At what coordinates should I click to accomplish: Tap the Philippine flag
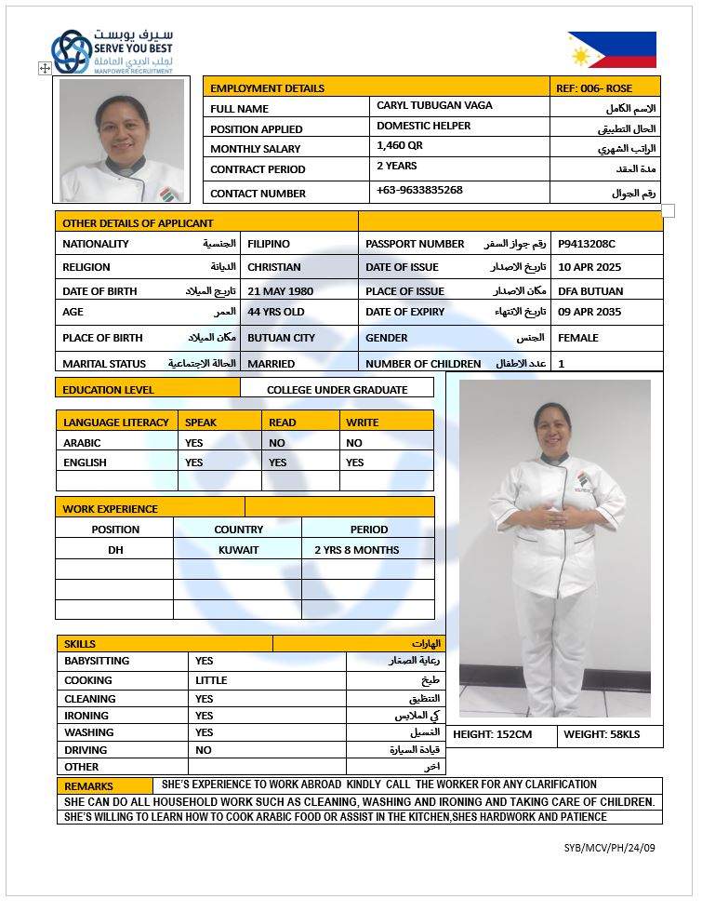(612, 50)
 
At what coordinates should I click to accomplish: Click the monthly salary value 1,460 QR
(400, 146)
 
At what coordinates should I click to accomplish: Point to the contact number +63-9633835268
(419, 190)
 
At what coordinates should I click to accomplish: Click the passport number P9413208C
(586, 244)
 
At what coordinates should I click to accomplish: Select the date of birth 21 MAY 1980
(280, 291)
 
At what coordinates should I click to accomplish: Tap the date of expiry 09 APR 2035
(590, 312)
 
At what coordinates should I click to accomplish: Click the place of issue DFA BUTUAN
(590, 291)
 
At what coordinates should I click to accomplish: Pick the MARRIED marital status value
(271, 364)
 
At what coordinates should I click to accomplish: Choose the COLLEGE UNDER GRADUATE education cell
(337, 390)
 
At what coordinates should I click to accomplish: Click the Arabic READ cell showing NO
(277, 443)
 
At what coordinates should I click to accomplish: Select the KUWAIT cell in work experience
(238, 550)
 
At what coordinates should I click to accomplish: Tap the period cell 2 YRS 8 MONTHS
(356, 550)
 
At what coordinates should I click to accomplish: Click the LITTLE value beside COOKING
(211, 680)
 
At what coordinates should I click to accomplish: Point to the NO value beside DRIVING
(204, 750)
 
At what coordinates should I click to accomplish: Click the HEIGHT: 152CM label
(492, 735)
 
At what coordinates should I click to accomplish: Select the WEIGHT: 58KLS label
(602, 735)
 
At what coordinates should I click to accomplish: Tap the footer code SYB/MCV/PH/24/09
(609, 848)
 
